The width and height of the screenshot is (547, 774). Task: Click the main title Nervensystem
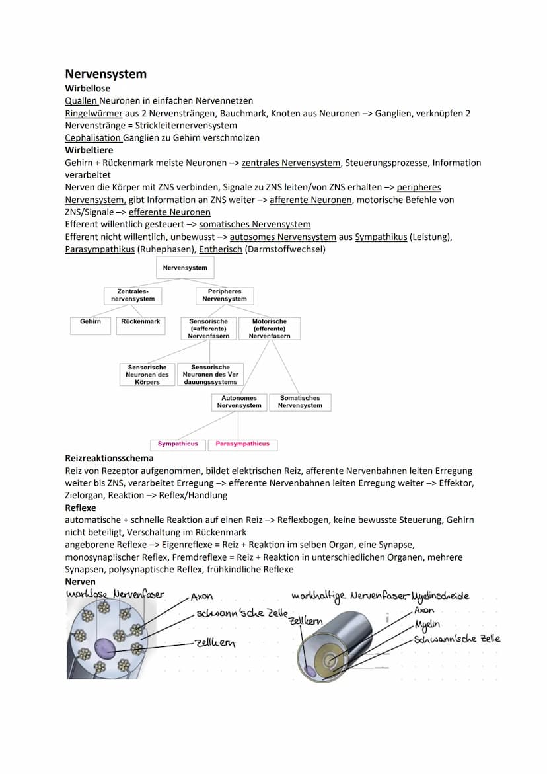(x=106, y=74)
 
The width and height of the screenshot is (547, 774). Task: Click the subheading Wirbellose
(x=88, y=88)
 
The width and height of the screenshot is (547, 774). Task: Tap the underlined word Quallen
(x=81, y=100)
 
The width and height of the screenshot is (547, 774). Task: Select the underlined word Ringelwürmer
(x=94, y=113)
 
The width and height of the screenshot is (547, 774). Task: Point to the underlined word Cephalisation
(x=93, y=138)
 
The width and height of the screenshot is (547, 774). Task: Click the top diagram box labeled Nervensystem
(x=185, y=268)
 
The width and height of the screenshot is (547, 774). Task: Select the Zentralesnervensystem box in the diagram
(x=133, y=295)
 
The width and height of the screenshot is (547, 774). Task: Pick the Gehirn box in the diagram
(x=91, y=322)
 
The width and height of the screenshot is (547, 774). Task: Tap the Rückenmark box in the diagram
(x=141, y=322)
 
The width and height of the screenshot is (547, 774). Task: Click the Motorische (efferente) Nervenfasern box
(x=270, y=329)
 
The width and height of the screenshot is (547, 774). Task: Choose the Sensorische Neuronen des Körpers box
(x=147, y=375)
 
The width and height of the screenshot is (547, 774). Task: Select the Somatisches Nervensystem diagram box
(x=300, y=402)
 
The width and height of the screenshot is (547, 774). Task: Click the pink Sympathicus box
(x=178, y=444)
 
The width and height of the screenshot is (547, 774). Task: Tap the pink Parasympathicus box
(x=242, y=444)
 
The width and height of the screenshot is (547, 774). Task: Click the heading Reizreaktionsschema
(x=109, y=458)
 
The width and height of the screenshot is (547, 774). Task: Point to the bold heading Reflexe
(x=81, y=508)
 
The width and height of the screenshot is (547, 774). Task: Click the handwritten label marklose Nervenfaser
(x=115, y=595)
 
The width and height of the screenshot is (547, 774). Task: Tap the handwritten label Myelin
(x=427, y=625)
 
